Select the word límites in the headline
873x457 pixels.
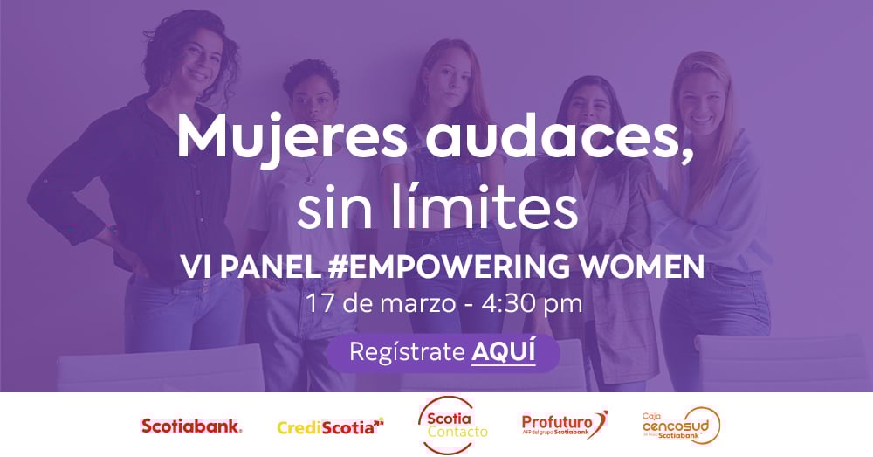click(x=497, y=210)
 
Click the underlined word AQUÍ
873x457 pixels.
click(x=503, y=352)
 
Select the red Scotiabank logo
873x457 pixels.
click(x=192, y=426)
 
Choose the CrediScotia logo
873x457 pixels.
click(x=331, y=426)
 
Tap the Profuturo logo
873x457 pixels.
click(x=564, y=424)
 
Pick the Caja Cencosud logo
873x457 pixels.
click(x=681, y=426)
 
